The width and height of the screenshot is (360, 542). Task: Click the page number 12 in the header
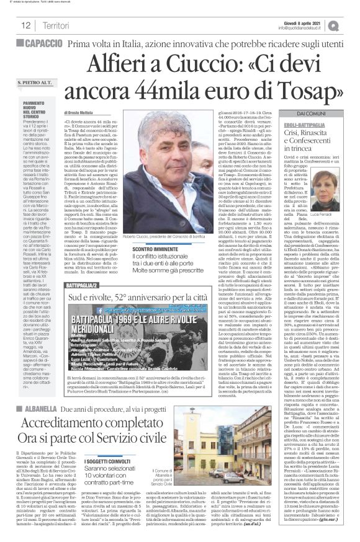(26, 25)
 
